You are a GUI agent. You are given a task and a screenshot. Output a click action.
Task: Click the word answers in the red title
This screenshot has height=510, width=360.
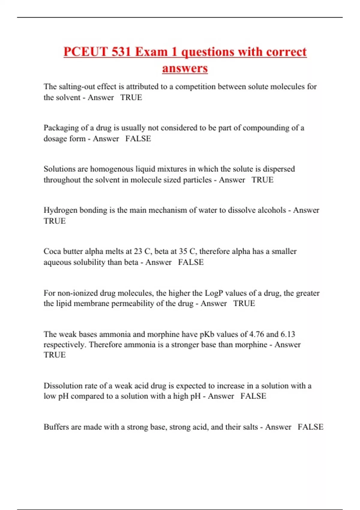tap(185, 68)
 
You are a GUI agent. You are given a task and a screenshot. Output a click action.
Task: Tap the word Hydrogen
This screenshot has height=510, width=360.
tap(60, 210)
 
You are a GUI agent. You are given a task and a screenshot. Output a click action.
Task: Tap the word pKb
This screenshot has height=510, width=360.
tap(207, 334)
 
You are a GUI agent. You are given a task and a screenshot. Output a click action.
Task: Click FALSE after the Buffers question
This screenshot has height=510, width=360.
tap(310, 427)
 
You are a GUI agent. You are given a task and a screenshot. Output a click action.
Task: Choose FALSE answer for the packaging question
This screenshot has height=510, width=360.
tap(138, 139)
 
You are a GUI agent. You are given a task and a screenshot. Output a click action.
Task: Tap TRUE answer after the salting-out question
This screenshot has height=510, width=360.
tap(131, 97)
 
